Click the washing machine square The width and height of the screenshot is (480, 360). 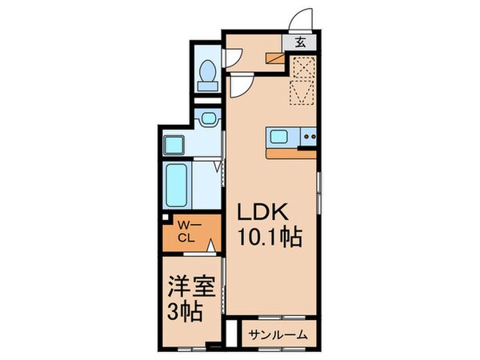click(174, 146)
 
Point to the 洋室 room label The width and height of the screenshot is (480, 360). click(190, 286)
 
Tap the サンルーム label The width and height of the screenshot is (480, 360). click(277, 335)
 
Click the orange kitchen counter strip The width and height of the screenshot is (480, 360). click(291, 151)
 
